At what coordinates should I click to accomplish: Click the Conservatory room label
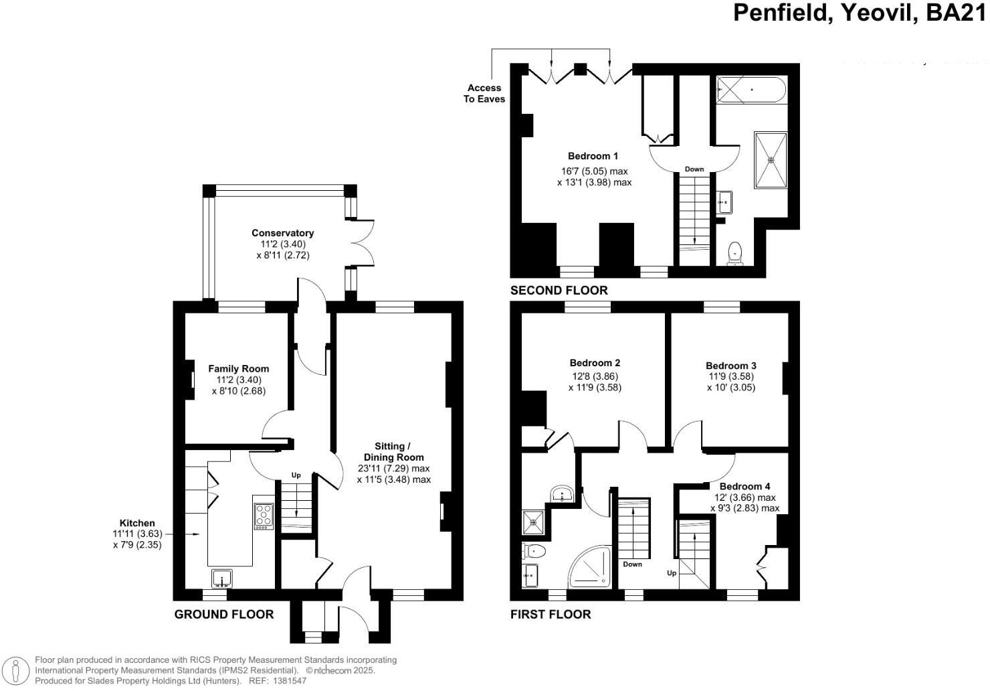(x=282, y=233)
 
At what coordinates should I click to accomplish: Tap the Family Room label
(x=238, y=368)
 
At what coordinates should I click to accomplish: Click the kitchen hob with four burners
(x=264, y=516)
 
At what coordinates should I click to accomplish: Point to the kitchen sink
(x=222, y=578)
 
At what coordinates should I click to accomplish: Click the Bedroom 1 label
(x=593, y=156)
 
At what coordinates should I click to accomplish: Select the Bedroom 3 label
(x=730, y=366)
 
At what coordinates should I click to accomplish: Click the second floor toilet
(x=735, y=253)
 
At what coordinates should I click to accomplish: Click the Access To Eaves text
(x=486, y=93)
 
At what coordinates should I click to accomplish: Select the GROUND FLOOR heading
(x=223, y=614)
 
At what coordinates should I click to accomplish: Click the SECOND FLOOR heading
(x=559, y=290)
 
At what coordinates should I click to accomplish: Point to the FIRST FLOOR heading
(x=551, y=614)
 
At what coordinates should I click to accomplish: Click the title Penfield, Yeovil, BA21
(x=860, y=13)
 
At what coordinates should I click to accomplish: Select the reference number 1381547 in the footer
(x=288, y=681)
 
